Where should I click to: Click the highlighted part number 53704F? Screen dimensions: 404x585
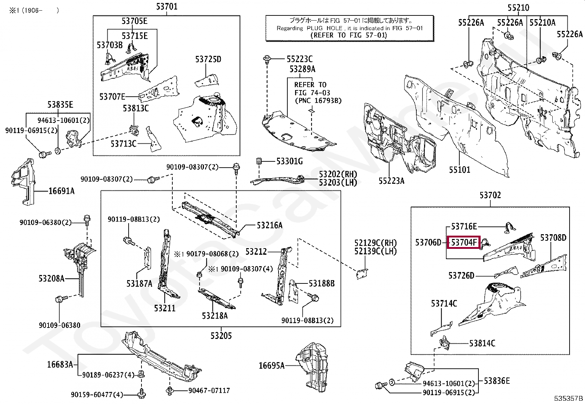coord(464,243)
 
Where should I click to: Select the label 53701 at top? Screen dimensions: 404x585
coord(166,6)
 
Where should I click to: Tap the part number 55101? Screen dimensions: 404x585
coord(459,170)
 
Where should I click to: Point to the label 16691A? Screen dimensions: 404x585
coord(61,191)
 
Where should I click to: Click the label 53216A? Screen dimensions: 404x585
coord(269,225)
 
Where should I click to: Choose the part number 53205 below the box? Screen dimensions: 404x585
coord(221,335)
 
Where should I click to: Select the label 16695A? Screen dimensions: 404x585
coord(272,365)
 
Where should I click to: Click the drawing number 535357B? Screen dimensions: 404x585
coord(568,398)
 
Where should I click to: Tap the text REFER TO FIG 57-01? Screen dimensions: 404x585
coord(349,35)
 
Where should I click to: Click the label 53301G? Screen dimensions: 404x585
coord(290,161)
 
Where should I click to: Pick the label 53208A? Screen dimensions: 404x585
coord(51,278)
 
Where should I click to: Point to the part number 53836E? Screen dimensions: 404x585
coord(497,381)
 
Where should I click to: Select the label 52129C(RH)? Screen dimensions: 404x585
coord(376,243)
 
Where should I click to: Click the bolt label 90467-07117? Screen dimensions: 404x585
coord(209,390)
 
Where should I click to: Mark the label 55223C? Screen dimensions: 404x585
coord(299,59)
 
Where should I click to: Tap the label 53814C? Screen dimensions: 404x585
coord(482,343)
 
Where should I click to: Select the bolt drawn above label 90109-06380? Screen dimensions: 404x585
coord(60,300)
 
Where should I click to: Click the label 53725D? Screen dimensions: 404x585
coord(208,59)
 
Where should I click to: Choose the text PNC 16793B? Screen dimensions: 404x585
coord(318,100)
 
